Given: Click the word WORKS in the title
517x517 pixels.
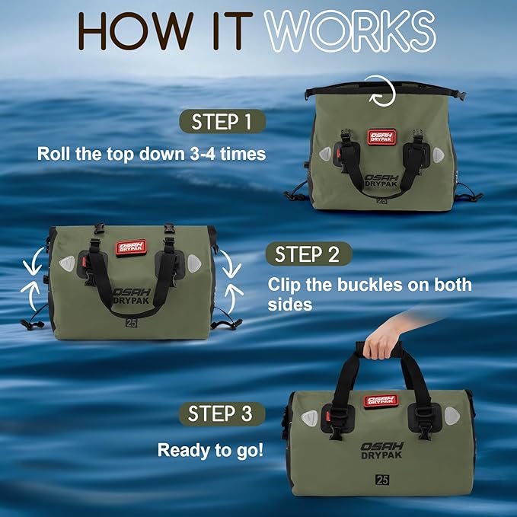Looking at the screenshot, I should point(350,30).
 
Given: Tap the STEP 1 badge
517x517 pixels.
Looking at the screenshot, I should point(222,122).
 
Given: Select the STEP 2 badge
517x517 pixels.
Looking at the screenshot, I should point(308,254).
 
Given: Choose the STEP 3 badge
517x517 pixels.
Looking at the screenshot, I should point(220,414).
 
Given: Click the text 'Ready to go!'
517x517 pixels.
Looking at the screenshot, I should point(211,449).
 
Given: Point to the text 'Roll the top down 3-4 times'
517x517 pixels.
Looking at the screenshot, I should point(152,153).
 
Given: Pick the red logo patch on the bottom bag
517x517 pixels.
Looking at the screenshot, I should point(380,401).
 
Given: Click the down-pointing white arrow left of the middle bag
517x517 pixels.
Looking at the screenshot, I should point(31,266).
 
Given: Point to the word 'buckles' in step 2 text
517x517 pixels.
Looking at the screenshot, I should point(374,286).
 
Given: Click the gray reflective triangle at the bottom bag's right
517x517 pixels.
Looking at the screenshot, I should point(452,416).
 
